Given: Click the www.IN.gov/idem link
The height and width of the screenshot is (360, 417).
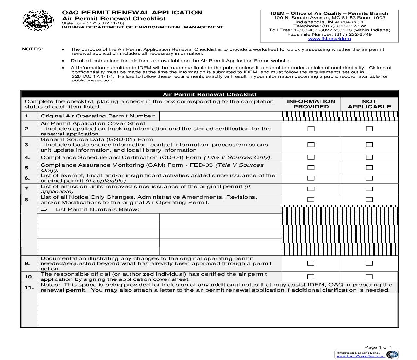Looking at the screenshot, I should (x=329, y=39).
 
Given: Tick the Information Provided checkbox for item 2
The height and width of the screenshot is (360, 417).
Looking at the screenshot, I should (x=311, y=129).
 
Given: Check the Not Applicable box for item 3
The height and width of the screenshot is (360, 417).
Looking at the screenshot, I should (x=369, y=145).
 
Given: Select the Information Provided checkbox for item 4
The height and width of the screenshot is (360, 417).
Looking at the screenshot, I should (x=311, y=157).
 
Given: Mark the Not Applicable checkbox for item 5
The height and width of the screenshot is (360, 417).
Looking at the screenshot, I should (x=369, y=168).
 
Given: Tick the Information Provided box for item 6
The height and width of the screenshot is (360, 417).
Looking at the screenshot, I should (x=311, y=178).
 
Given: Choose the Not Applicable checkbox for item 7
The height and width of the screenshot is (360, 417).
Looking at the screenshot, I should (x=369, y=189).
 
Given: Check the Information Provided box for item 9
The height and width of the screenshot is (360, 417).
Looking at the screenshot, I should (x=311, y=263).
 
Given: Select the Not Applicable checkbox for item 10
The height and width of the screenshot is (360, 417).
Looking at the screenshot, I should (x=369, y=277).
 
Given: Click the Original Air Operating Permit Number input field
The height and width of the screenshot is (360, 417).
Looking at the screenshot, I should (x=220, y=116).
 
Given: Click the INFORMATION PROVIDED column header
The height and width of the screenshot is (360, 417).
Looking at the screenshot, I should (x=311, y=104).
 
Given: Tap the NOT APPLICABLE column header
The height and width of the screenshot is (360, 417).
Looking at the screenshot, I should (x=369, y=104).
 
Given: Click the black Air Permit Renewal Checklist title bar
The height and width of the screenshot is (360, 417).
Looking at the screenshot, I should (x=210, y=94).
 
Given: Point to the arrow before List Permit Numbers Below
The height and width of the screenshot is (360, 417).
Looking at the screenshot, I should (x=44, y=210).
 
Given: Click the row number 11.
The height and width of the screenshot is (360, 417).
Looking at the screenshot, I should (x=29, y=287).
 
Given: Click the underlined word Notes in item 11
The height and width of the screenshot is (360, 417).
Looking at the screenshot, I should (x=49, y=285).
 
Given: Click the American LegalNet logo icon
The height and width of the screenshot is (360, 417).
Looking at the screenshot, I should (x=392, y=354).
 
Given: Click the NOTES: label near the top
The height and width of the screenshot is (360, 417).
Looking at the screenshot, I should (x=32, y=49).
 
